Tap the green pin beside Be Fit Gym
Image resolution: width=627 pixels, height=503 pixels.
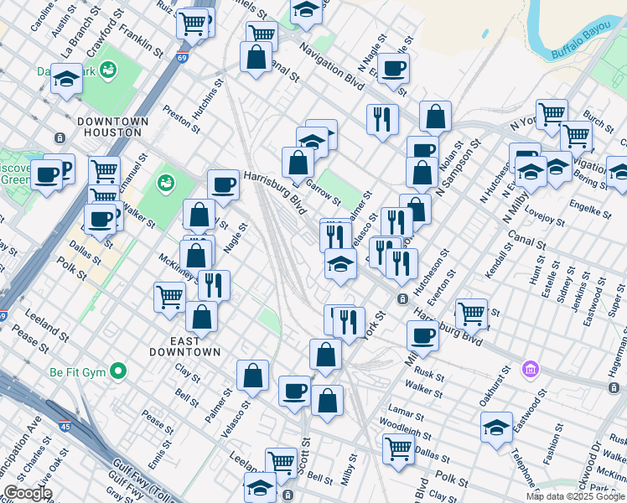point(118,370)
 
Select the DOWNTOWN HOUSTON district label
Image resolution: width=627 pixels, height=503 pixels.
point(112,128)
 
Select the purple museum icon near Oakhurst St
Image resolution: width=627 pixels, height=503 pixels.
point(529,369)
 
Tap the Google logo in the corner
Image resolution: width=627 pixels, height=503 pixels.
point(28,493)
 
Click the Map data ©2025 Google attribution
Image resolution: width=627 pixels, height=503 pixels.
point(575,496)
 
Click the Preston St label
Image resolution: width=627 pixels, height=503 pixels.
point(182,119)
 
